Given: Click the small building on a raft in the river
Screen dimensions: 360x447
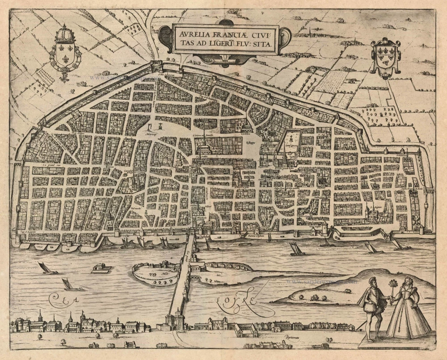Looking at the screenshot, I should point(101,268).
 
